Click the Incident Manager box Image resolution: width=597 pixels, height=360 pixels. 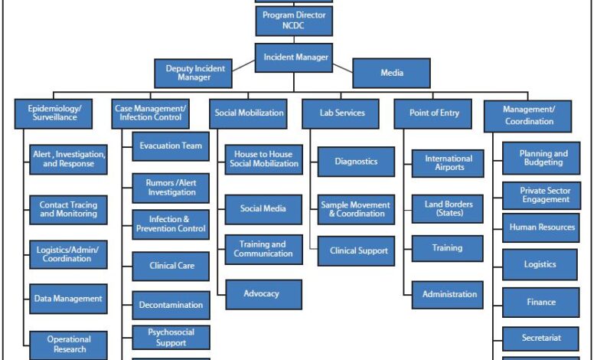(x=294, y=57)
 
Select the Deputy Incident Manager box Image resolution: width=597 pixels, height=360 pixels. (x=194, y=73)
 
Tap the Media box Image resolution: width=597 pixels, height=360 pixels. (x=391, y=73)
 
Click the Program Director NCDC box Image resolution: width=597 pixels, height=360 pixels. (x=294, y=21)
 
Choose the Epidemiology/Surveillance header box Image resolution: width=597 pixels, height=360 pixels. (x=54, y=113)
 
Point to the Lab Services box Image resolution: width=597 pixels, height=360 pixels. (x=341, y=113)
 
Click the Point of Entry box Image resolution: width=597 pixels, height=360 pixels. (x=433, y=113)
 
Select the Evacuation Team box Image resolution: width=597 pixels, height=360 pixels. (x=171, y=146)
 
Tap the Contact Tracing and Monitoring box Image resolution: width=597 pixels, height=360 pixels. (x=69, y=210)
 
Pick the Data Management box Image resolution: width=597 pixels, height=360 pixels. (x=69, y=299)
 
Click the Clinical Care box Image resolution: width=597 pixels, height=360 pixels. (x=171, y=266)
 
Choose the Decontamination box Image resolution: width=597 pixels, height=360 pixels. (x=171, y=305)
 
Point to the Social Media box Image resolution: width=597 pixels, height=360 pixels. (x=263, y=210)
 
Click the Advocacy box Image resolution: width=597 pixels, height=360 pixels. (x=264, y=294)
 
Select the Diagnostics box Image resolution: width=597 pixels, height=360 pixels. (x=356, y=162)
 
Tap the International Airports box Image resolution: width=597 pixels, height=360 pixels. (x=448, y=163)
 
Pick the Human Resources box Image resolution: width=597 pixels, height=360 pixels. (x=541, y=227)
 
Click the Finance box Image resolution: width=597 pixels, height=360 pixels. (x=541, y=303)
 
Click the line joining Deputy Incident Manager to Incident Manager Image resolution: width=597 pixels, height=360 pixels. (x=243, y=66)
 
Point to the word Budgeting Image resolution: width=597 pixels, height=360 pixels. (x=543, y=162)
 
